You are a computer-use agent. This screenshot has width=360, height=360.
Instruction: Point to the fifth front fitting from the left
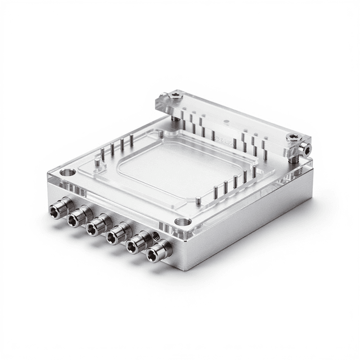[136, 245]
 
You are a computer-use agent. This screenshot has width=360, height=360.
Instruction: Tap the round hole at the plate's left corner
[67, 172]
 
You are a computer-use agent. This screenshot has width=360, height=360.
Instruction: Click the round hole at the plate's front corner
[182, 222]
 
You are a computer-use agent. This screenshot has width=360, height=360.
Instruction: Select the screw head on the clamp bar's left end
[175, 96]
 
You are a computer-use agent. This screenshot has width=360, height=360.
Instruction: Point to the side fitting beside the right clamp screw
[305, 149]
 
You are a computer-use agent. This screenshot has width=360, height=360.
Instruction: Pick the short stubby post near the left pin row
[97, 163]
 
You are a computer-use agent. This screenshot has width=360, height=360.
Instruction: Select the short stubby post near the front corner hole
[199, 200]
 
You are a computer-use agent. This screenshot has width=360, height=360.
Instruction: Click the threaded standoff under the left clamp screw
[175, 119]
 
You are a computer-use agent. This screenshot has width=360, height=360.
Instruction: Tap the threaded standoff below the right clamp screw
[292, 159]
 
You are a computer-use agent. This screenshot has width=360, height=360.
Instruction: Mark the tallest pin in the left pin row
[131, 141]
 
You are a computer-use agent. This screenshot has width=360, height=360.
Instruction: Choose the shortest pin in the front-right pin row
[215, 192]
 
